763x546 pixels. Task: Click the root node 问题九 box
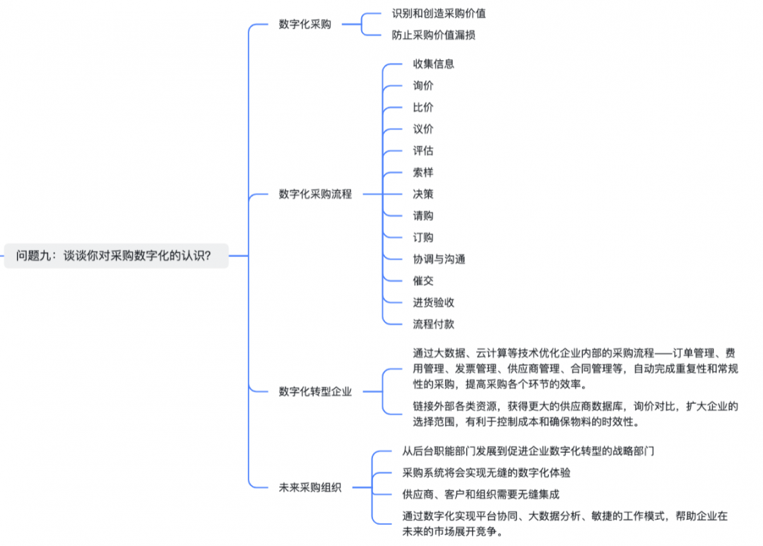point(113,256)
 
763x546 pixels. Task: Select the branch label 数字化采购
point(304,25)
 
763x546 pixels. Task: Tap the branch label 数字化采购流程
point(315,194)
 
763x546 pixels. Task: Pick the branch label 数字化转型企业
point(315,391)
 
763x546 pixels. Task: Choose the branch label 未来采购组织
point(309,487)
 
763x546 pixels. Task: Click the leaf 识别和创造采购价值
point(439,13)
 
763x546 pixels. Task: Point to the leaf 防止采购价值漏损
point(433,35)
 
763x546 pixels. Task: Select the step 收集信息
point(433,64)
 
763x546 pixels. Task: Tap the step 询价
point(423,85)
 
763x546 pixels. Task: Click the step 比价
point(423,107)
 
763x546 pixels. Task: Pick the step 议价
point(423,129)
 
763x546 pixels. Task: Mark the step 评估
point(423,150)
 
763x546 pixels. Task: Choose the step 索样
point(423,172)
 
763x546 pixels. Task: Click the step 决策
point(423,194)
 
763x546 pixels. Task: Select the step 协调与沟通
point(439,259)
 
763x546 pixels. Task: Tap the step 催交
point(423,280)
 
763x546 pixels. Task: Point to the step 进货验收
point(433,302)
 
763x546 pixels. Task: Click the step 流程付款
point(433,324)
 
